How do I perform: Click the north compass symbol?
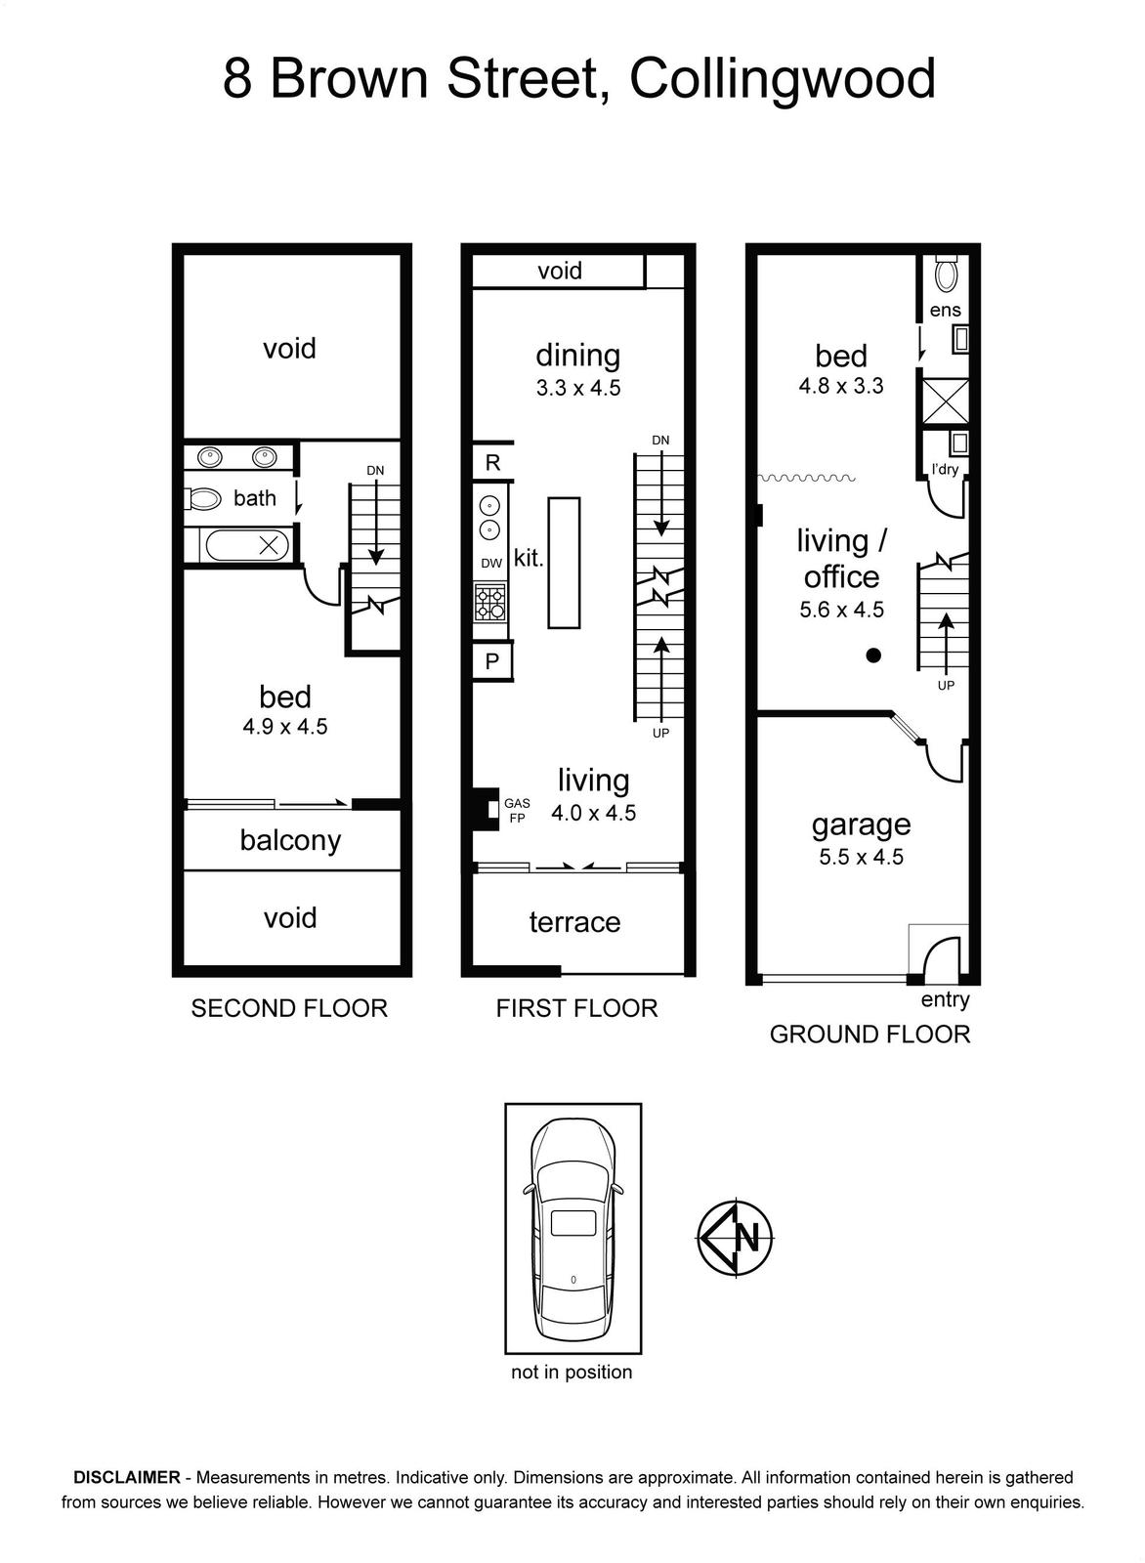tap(736, 1239)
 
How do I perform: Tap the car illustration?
tap(572, 1232)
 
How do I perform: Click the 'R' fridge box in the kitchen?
tap(492, 462)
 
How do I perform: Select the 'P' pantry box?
tap(492, 660)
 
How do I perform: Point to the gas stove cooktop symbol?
tap(489, 602)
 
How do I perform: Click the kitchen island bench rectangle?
tap(564, 563)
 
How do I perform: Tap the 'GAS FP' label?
tap(517, 811)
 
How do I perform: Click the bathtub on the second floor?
tap(248, 545)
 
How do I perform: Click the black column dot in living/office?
tap(872, 655)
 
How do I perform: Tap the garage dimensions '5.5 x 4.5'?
tap(861, 857)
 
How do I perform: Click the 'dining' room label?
tap(577, 356)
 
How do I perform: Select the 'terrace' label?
tap(574, 922)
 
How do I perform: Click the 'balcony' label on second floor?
tap(290, 841)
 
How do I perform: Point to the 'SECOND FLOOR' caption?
tap(289, 1008)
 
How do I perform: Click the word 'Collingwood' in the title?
tap(783, 80)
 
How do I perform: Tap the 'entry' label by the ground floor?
tap(945, 1000)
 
